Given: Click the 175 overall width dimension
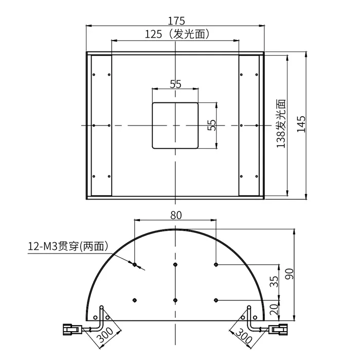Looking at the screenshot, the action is click(176, 21).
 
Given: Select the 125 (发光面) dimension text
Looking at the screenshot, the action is click(177, 34).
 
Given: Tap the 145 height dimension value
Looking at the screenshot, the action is click(301, 124).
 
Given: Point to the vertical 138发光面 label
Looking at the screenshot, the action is click(281, 123).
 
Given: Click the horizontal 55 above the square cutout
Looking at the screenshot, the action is click(175, 84).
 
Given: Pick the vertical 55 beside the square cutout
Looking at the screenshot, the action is click(212, 125).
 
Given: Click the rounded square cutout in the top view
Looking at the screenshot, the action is click(175, 125).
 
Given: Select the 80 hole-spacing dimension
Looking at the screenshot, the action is click(176, 215).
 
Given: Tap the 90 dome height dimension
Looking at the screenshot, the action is click(289, 274).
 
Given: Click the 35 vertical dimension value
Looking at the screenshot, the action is click(274, 281).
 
